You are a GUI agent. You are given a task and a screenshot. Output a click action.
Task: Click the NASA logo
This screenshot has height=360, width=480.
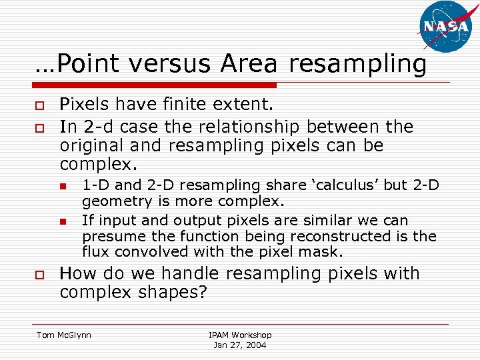point(446,27)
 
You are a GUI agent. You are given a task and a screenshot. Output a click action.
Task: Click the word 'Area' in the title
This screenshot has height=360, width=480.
point(248,64)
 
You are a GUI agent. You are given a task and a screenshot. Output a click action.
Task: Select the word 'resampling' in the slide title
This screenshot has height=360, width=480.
point(358,64)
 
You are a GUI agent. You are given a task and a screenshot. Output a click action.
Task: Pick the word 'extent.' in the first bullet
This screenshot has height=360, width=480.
point(246,105)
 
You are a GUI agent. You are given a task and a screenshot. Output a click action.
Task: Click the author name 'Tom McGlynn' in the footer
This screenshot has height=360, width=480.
point(64,335)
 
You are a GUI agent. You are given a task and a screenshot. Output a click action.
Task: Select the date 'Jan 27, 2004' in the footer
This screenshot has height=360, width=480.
point(240,345)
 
